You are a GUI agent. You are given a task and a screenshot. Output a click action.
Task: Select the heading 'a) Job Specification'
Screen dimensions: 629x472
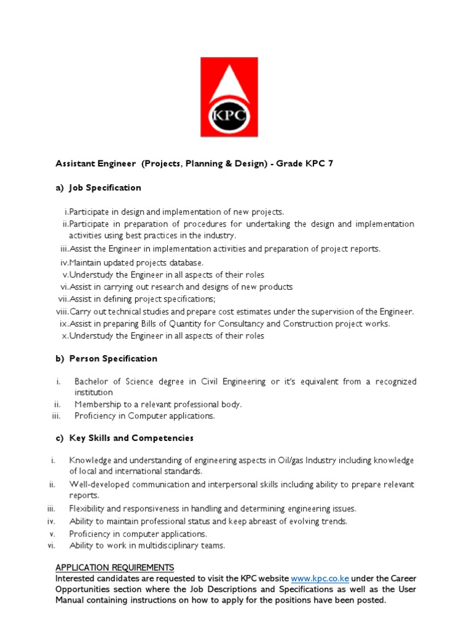pyautogui.click(x=98, y=188)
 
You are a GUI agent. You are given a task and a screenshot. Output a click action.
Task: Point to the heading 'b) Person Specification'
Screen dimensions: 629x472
pyautogui.click(x=106, y=359)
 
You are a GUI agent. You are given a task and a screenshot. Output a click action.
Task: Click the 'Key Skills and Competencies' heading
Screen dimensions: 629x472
pyautogui.click(x=125, y=439)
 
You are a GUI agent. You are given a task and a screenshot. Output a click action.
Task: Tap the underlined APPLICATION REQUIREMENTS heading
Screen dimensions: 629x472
pyautogui.click(x=115, y=568)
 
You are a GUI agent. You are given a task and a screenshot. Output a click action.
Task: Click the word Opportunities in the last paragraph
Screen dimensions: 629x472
pyautogui.click(x=85, y=590)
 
